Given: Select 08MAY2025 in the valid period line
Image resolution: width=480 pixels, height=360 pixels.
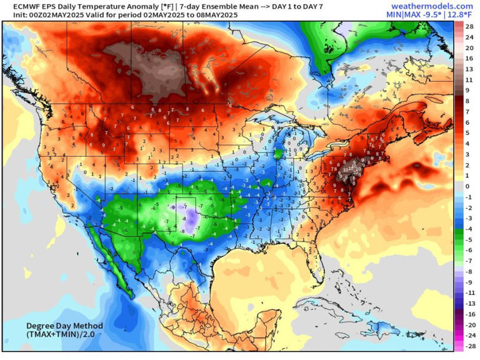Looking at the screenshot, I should pos(207,14).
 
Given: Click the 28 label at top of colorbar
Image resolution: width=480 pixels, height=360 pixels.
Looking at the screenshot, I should pos(467,26).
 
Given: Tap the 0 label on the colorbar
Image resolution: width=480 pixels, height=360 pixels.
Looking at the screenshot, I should pos(467,186).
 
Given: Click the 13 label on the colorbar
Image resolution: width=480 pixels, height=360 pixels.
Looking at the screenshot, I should pos(467,69).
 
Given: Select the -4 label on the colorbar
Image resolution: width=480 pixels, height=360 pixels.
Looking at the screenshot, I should pos(467,229).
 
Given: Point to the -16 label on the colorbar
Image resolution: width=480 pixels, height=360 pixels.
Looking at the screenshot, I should pos(467,314).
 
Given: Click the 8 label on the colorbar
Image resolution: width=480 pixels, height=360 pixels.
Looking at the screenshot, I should pos(467,101).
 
